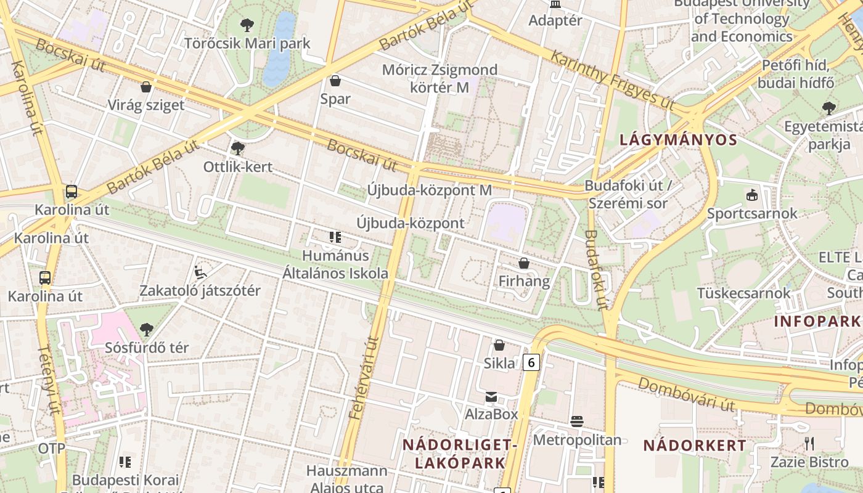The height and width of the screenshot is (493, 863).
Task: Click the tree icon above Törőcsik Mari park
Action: pos(247,25)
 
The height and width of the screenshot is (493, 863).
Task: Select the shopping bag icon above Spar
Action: pos(335,81)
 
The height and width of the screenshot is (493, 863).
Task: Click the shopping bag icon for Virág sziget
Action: pos(146,87)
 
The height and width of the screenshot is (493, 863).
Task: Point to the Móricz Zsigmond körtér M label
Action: pos(439,78)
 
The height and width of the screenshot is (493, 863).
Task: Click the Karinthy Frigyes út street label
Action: pos(611,79)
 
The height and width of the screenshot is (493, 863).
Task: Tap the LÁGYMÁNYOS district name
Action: pos(678,140)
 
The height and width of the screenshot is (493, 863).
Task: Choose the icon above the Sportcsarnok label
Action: pos(751,195)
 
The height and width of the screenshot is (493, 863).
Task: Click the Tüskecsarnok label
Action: pos(743,293)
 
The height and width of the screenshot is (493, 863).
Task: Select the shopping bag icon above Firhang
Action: pos(524,264)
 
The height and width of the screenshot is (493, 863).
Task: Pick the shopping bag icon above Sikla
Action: pos(499,345)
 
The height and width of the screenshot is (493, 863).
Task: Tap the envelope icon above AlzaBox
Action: pos(491,396)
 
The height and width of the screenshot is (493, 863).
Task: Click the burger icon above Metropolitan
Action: pos(577,422)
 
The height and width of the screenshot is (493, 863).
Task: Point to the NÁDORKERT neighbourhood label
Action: pos(695,445)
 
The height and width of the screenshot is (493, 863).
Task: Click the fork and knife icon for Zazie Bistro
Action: pos(809,443)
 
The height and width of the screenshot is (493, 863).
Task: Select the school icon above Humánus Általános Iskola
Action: pos(335,237)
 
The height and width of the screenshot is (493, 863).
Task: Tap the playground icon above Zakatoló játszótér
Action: pos(200,272)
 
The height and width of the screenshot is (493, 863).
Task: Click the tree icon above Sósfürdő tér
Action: pos(146,330)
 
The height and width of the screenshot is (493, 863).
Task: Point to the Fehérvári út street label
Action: pos(364,378)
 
